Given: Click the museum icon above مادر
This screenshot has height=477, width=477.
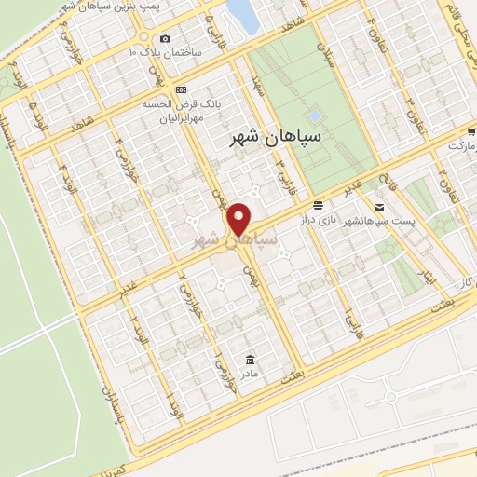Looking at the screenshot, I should tap(250, 360).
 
